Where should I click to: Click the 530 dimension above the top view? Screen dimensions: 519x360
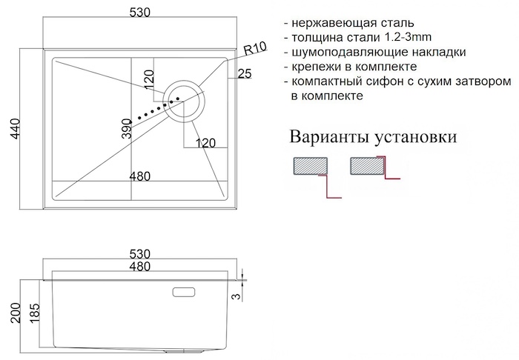coord(139,13)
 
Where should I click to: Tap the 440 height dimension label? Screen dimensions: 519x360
coord(16,129)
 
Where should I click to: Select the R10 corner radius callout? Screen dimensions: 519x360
coord(255,49)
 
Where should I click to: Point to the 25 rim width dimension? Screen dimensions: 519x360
coord(245,73)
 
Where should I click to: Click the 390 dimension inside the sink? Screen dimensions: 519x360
coord(127,128)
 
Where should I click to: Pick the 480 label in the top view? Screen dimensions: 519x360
coord(139,176)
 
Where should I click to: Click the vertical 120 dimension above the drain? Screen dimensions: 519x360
coord(149,79)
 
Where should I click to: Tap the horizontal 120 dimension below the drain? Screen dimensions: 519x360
coord(205,143)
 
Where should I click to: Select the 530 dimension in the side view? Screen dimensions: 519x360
coord(139,254)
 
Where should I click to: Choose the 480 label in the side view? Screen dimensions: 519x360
coord(139,266)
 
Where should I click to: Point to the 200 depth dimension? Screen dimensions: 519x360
coord(16,313)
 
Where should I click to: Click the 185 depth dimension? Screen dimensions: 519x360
coord(34,313)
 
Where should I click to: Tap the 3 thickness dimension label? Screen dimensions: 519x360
coord(235,296)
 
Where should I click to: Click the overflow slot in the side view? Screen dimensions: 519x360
coord(184,293)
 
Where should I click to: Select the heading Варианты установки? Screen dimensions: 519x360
coord(373,136)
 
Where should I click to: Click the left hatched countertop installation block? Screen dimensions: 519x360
coord(311,166)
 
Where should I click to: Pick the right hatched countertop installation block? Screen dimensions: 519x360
coord(366,165)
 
